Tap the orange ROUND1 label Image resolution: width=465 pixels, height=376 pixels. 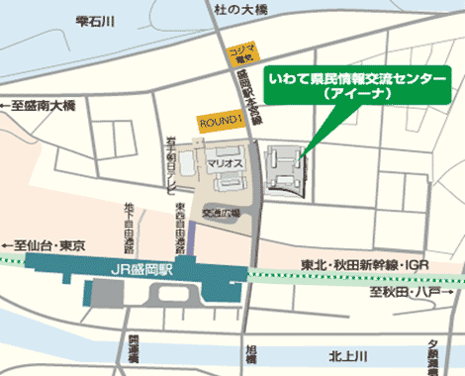pyautogui.click(x=220, y=121)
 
